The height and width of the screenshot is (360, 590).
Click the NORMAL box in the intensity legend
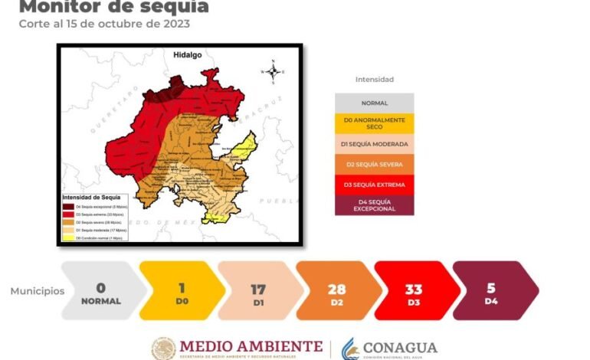tap(374, 103)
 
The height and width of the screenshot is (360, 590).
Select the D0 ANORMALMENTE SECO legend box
tap(374, 123)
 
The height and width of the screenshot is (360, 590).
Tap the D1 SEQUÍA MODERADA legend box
tap(374, 143)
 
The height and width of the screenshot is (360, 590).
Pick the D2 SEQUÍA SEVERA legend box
tap(374, 164)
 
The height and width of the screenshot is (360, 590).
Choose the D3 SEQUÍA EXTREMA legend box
tap(374, 185)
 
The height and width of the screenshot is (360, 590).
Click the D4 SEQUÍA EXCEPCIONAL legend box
tap(374, 205)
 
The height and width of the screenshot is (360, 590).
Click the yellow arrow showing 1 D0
tap(181, 291)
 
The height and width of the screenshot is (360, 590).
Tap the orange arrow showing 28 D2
tap(337, 291)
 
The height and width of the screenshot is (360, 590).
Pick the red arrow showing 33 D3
tap(415, 291)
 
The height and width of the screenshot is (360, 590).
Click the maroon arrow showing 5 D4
tap(492, 291)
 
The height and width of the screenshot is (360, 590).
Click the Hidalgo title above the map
tap(187, 56)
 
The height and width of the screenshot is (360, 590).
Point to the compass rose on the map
tap(274, 71)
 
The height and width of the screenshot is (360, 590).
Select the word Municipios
tap(38, 291)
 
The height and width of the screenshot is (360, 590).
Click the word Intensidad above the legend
tap(375, 79)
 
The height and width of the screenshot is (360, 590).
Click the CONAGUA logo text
tap(399, 347)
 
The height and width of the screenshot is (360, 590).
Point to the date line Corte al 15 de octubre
tap(104, 23)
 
